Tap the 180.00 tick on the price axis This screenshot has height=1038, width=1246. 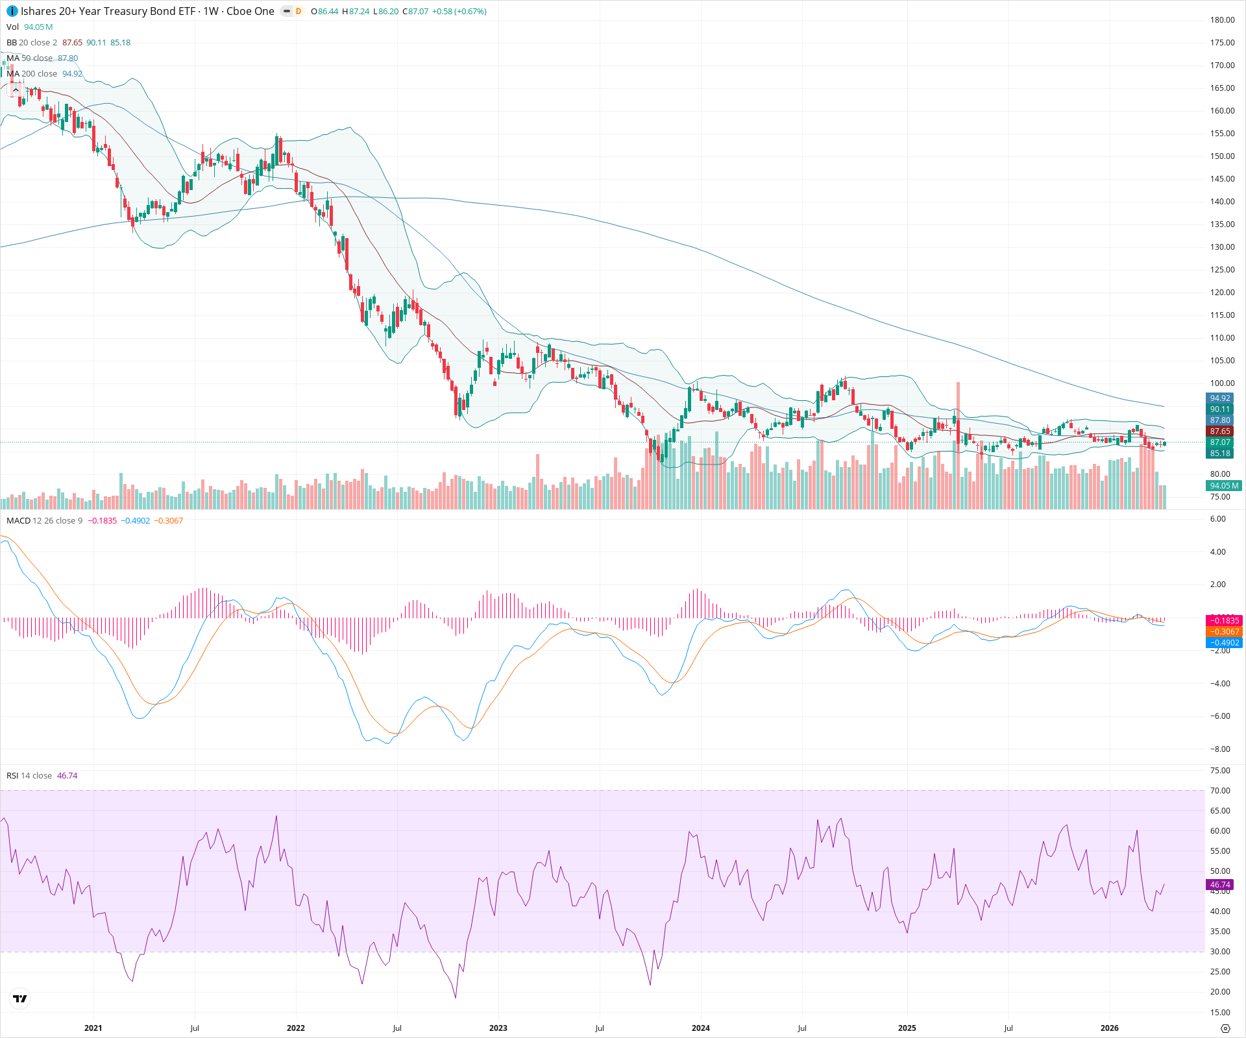[x=1222, y=20]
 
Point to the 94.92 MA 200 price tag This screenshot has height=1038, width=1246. [x=1220, y=398]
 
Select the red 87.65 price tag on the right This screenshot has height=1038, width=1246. [x=1220, y=431]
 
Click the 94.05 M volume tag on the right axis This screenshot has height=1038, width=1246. [x=1224, y=486]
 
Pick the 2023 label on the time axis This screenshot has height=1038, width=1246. [x=498, y=1028]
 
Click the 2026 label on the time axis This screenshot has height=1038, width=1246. [x=1109, y=1028]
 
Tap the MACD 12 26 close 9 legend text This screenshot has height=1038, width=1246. [x=44, y=521]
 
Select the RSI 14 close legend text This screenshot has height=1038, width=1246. [x=29, y=776]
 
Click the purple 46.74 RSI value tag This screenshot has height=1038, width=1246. [x=1220, y=885]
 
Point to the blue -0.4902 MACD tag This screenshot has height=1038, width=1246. [x=1224, y=643]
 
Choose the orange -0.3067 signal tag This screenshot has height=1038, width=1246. [x=1224, y=632]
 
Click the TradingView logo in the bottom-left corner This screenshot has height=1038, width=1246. [x=20, y=998]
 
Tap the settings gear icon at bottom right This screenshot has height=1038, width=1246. [x=1225, y=1028]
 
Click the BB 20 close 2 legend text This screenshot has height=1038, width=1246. [x=32, y=43]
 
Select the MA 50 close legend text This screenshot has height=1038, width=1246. [x=29, y=58]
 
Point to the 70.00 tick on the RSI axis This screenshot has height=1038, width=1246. [x=1220, y=791]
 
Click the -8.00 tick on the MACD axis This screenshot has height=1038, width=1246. [x=1220, y=749]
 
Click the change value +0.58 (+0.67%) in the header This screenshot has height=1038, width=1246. [x=459, y=12]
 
